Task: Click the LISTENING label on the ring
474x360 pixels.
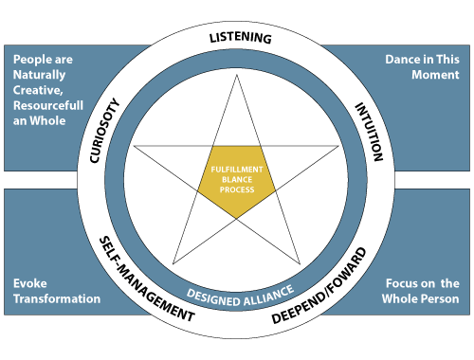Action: (x=239, y=38)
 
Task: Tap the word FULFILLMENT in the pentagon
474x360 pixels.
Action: (x=237, y=170)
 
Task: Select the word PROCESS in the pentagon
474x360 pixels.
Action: (x=237, y=190)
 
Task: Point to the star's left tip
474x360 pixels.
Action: (x=136, y=146)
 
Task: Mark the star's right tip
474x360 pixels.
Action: (x=338, y=146)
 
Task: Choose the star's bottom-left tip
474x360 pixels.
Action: (x=173, y=263)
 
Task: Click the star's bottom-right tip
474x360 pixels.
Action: (x=300, y=263)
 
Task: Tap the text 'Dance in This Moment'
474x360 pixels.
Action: (x=422, y=66)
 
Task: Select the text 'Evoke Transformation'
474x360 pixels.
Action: (x=57, y=291)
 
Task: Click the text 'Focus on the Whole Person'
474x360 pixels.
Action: (x=423, y=291)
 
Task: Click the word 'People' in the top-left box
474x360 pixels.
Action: (x=32, y=59)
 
